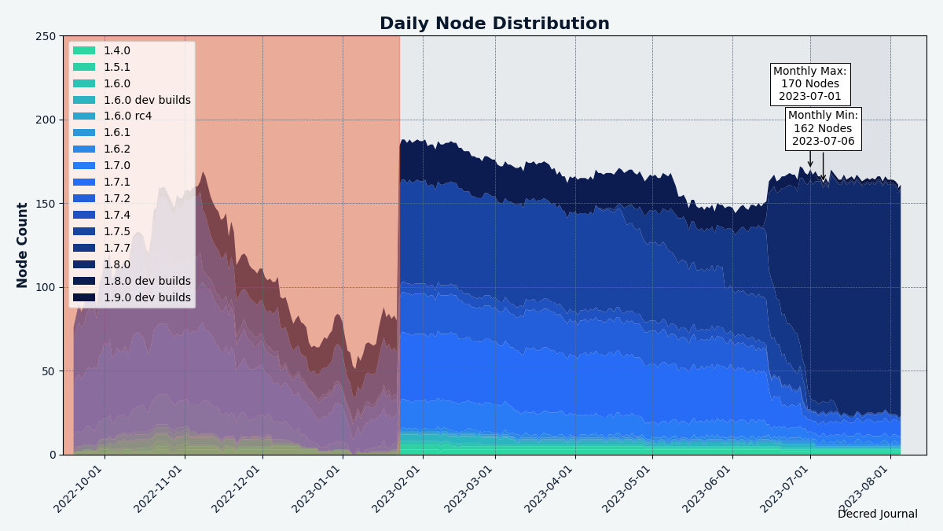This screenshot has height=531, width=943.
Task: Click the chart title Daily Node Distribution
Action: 494,24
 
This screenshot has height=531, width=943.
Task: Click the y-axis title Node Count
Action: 23,245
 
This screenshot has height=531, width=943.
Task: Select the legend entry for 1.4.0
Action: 117,50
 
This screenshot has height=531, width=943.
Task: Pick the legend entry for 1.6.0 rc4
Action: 127,116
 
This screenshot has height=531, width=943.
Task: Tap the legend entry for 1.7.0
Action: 117,166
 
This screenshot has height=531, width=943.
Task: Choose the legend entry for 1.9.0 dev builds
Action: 147,298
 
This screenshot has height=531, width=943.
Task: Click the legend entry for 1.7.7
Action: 117,249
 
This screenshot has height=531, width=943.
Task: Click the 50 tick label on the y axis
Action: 50,371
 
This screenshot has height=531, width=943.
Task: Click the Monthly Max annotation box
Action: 809,84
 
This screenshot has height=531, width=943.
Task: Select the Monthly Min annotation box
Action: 823,129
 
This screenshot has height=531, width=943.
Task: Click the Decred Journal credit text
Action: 877,514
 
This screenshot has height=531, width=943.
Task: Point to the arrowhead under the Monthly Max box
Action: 810,165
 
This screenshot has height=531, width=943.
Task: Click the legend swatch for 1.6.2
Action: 84,149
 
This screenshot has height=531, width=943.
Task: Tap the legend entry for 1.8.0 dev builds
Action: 147,282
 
